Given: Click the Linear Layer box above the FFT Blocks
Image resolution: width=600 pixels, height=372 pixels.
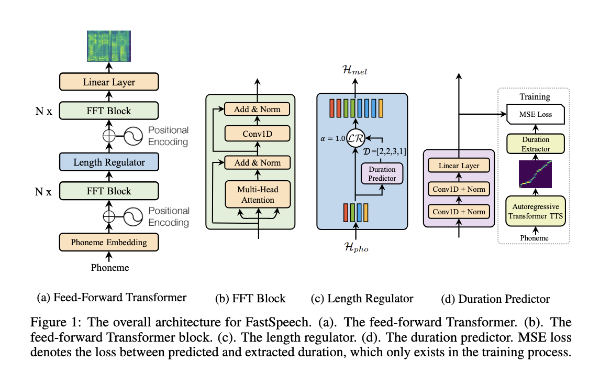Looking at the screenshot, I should click(x=109, y=82).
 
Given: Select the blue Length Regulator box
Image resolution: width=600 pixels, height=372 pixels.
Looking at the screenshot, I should click(x=109, y=162).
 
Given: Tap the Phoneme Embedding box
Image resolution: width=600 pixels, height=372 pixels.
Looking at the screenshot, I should click(x=109, y=242).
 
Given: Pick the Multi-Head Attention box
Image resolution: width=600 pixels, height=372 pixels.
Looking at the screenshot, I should click(x=257, y=194).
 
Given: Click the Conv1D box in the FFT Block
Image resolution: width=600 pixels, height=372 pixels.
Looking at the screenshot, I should click(x=257, y=134).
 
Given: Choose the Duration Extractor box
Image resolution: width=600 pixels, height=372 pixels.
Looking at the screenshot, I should click(x=535, y=145).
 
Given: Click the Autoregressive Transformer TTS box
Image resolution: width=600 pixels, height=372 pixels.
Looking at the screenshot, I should click(x=535, y=210).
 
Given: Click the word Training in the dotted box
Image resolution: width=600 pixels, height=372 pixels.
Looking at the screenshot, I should click(x=535, y=96).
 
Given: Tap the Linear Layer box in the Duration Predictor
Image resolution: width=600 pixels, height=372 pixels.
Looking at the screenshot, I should click(x=459, y=166).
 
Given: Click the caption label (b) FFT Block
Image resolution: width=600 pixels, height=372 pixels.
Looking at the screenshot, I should click(x=250, y=299).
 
